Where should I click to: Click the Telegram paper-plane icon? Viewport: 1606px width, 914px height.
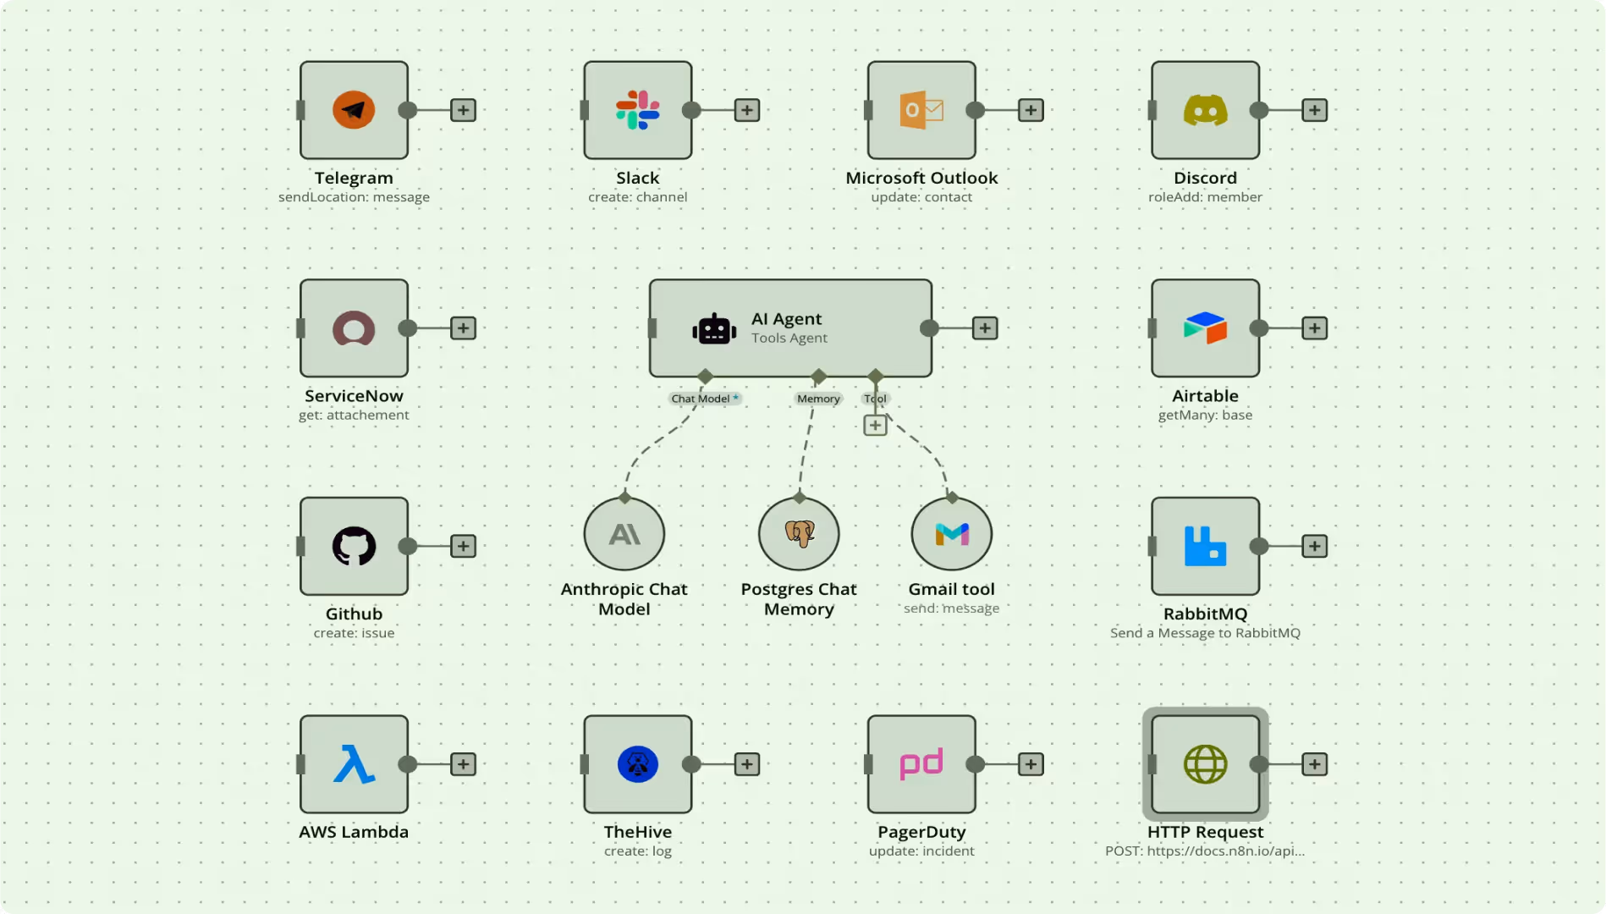pyautogui.click(x=354, y=110)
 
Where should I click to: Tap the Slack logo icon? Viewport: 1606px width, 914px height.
pyautogui.click(x=637, y=110)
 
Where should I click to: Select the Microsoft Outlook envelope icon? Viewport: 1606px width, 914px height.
pyautogui.click(x=921, y=110)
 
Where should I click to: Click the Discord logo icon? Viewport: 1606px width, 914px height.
pyautogui.click(x=1205, y=110)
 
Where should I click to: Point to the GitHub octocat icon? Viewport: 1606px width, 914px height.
pyautogui.click(x=354, y=546)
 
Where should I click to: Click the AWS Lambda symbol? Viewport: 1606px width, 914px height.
pyautogui.click(x=354, y=764)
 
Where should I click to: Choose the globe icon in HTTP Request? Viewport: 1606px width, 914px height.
pyautogui.click(x=1205, y=764)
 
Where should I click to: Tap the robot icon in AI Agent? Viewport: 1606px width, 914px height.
pyautogui.click(x=713, y=329)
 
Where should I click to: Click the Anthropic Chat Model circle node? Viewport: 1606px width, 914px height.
pyautogui.click(x=624, y=534)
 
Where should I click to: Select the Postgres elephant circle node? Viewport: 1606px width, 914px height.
pyautogui.click(x=799, y=534)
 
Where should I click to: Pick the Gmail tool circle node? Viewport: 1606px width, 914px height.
pyautogui.click(x=951, y=534)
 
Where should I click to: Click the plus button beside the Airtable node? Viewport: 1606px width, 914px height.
pyautogui.click(x=1314, y=328)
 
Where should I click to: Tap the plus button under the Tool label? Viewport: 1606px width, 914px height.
pyautogui.click(x=875, y=425)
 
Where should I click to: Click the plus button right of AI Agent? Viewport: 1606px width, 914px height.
pyautogui.click(x=985, y=328)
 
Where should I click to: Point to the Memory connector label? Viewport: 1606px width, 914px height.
pyautogui.click(x=818, y=399)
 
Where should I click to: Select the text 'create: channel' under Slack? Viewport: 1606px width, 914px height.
pyautogui.click(x=637, y=197)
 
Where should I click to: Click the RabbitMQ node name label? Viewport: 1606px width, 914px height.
pyautogui.click(x=1205, y=614)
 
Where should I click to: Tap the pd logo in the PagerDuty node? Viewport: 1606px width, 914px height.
pyautogui.click(x=921, y=764)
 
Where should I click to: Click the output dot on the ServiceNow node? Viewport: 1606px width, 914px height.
pyautogui.click(x=408, y=328)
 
